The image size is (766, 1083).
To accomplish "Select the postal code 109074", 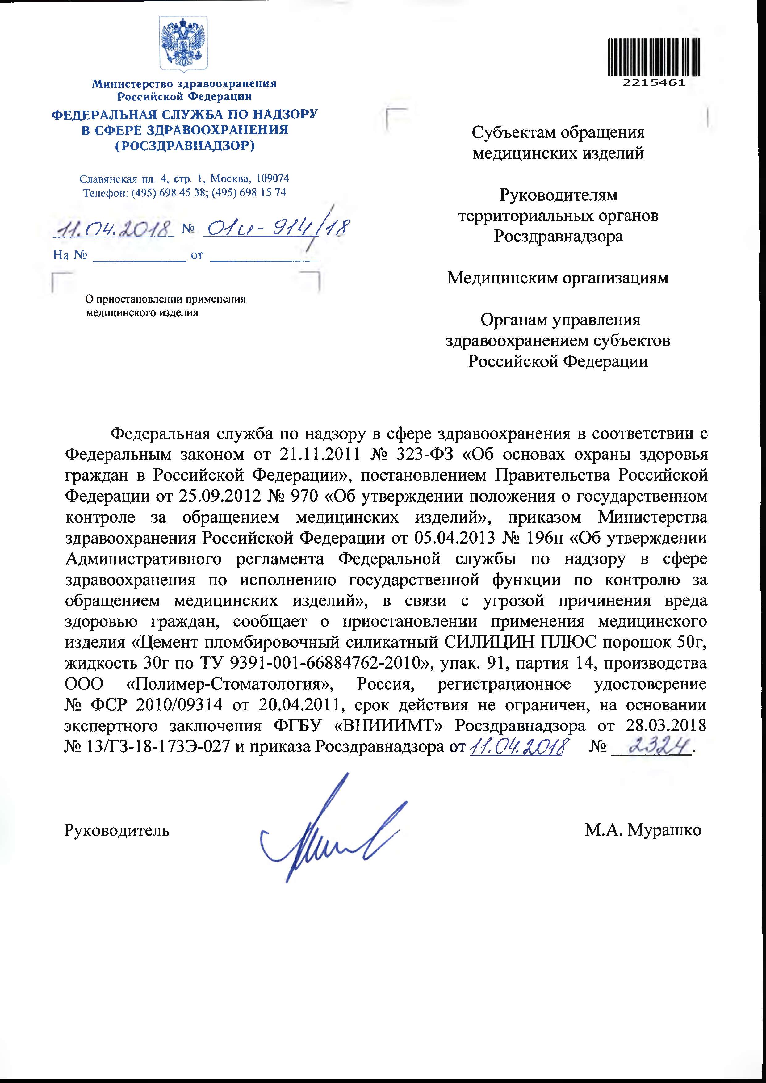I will coord(272,179).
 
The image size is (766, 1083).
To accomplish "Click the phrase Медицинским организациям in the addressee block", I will coord(558,278).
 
